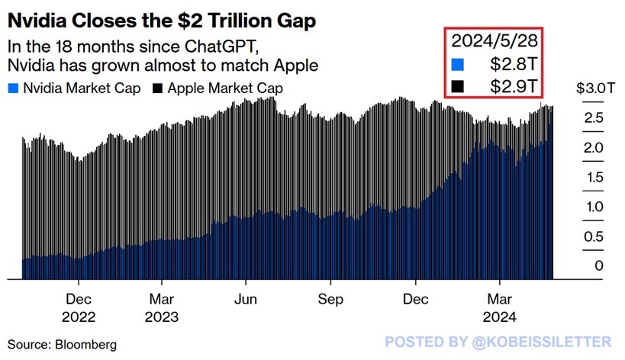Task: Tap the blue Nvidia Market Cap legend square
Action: [14, 88]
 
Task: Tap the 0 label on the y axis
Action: [577, 266]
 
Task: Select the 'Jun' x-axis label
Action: [246, 299]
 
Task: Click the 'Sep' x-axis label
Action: [330, 299]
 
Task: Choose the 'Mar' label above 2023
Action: [161, 299]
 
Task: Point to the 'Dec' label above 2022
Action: [78, 299]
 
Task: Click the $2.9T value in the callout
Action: [515, 86]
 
